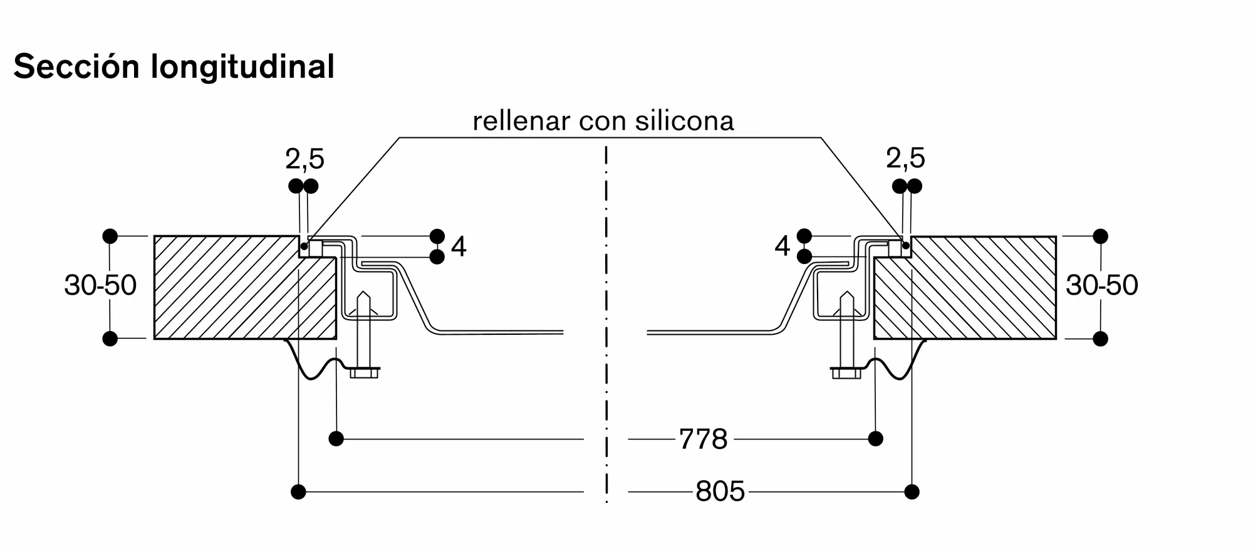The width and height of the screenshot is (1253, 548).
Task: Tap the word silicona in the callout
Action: [x=684, y=121]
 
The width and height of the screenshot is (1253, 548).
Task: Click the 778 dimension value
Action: [x=703, y=440]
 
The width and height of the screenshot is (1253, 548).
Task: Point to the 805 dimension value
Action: [x=720, y=492]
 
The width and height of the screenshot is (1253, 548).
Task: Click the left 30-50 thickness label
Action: [x=100, y=285]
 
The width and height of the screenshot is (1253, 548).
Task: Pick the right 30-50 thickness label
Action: [x=1102, y=285]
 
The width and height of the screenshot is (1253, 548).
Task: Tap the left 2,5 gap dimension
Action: [x=304, y=160]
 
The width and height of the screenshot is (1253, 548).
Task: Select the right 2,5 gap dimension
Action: [x=905, y=159]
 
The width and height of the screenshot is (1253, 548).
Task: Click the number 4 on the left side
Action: [x=459, y=247]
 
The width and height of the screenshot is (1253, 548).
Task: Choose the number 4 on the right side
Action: [x=782, y=246]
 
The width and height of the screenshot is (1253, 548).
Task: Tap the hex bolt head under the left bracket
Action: [x=364, y=373]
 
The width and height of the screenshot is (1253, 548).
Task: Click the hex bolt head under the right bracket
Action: [x=846, y=373]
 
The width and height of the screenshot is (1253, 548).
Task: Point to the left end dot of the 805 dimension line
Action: [x=299, y=492]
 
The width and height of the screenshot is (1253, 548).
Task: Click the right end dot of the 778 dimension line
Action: [x=876, y=439]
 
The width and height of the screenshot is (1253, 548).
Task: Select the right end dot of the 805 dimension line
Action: [x=912, y=492]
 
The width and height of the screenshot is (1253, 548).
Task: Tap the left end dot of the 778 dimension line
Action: [x=336, y=439]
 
